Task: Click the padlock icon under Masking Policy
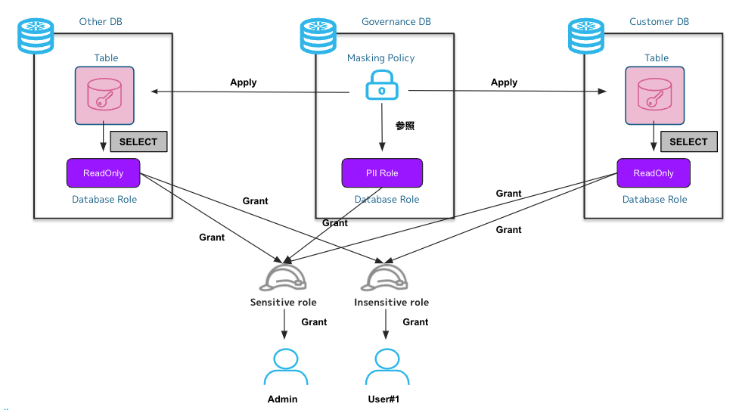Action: tap(381, 88)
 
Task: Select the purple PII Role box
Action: tap(382, 173)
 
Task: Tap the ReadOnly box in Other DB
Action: tap(103, 173)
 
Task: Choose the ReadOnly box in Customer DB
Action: tap(654, 173)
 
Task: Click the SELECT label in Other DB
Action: tap(138, 141)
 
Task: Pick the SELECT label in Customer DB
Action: tap(688, 141)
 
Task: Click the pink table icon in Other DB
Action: tap(104, 95)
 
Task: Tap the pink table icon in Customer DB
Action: tap(655, 95)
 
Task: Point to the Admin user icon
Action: tap(284, 367)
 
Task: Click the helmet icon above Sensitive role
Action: tap(283, 278)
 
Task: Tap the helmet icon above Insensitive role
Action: tap(387, 278)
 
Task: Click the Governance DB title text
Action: tap(396, 22)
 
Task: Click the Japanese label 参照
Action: tap(405, 126)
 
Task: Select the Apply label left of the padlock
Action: tap(244, 82)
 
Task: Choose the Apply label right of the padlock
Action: tap(504, 82)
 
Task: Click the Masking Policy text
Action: tap(380, 58)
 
